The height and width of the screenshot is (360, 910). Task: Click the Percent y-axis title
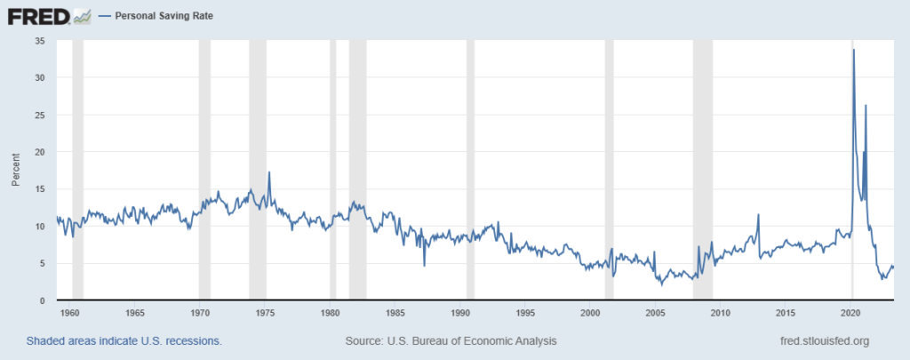(x=15, y=170)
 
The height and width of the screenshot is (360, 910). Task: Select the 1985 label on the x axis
(x=395, y=313)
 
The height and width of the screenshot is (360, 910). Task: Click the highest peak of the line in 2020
(x=854, y=50)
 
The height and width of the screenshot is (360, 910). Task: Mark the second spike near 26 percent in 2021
(x=866, y=106)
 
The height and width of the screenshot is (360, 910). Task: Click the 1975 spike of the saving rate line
(x=269, y=172)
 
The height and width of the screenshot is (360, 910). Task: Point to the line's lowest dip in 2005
(x=661, y=284)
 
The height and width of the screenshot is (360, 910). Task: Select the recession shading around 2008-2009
(x=702, y=169)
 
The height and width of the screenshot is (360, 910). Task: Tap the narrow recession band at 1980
(x=333, y=169)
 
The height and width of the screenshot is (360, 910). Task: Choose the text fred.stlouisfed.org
(x=824, y=341)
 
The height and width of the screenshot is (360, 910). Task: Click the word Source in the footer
(x=362, y=341)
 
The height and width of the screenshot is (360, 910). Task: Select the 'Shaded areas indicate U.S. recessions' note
(x=124, y=341)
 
